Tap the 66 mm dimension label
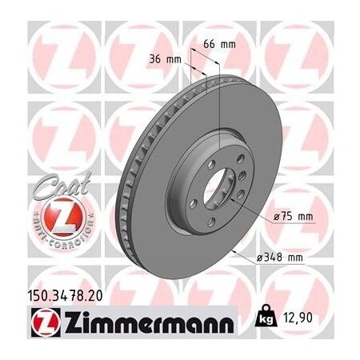(222, 44)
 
